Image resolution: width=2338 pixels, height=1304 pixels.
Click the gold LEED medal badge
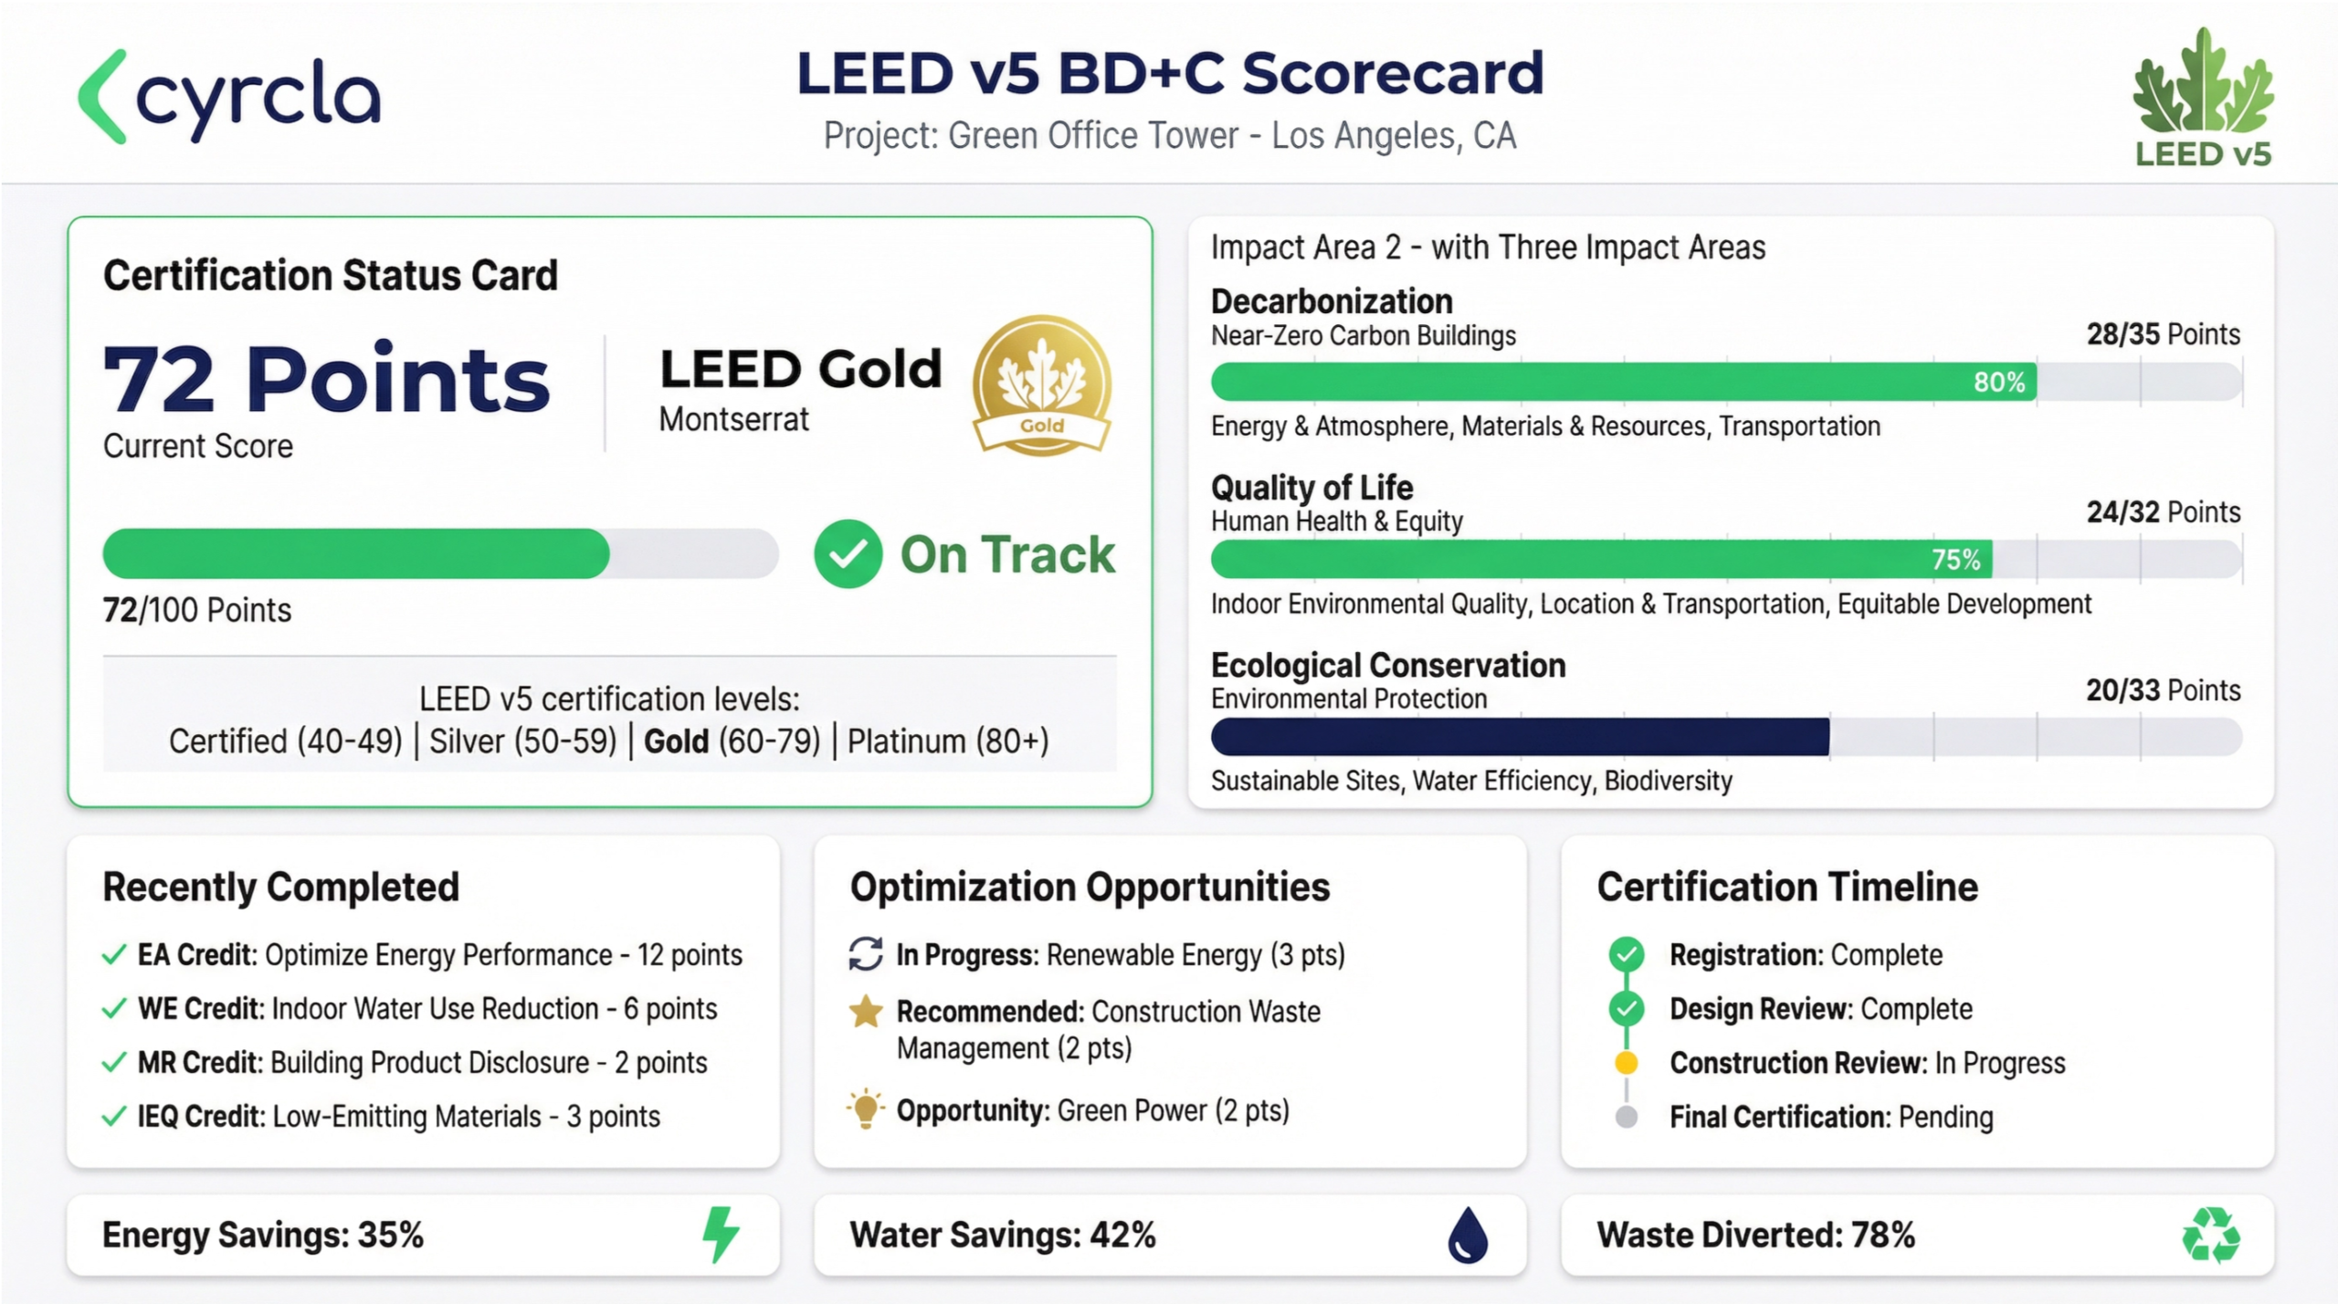pyautogui.click(x=1041, y=384)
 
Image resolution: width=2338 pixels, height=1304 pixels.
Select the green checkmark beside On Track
pyautogui.click(x=848, y=553)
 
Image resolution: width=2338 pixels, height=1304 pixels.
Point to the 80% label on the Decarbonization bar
pyautogui.click(x=1998, y=382)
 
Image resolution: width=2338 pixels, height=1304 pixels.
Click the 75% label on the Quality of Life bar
pyautogui.click(x=1955, y=559)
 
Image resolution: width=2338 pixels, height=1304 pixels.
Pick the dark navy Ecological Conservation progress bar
pyautogui.click(x=1520, y=737)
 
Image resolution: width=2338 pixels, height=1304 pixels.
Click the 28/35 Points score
pyautogui.click(x=2163, y=334)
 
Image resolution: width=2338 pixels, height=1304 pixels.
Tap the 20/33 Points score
pyautogui.click(x=2163, y=690)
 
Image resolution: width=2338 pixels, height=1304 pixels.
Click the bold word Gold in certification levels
pyautogui.click(x=676, y=741)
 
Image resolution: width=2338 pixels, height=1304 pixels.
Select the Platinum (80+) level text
pyautogui.click(x=948, y=741)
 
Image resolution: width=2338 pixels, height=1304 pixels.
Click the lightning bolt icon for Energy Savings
pyautogui.click(x=721, y=1235)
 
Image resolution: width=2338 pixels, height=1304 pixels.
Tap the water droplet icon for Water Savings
pyautogui.click(x=1468, y=1236)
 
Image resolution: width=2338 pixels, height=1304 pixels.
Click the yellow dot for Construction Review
pyautogui.click(x=1626, y=1063)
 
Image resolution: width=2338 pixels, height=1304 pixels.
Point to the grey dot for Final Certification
pyautogui.click(x=1626, y=1117)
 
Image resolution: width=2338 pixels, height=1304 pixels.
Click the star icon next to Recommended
pyautogui.click(x=865, y=1012)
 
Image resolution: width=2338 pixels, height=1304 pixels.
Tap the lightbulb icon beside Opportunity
pyautogui.click(x=865, y=1109)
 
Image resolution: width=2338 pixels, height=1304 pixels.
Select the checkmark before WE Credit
pyautogui.click(x=114, y=1009)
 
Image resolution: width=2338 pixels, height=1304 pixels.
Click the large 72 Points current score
pyautogui.click(x=326, y=379)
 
